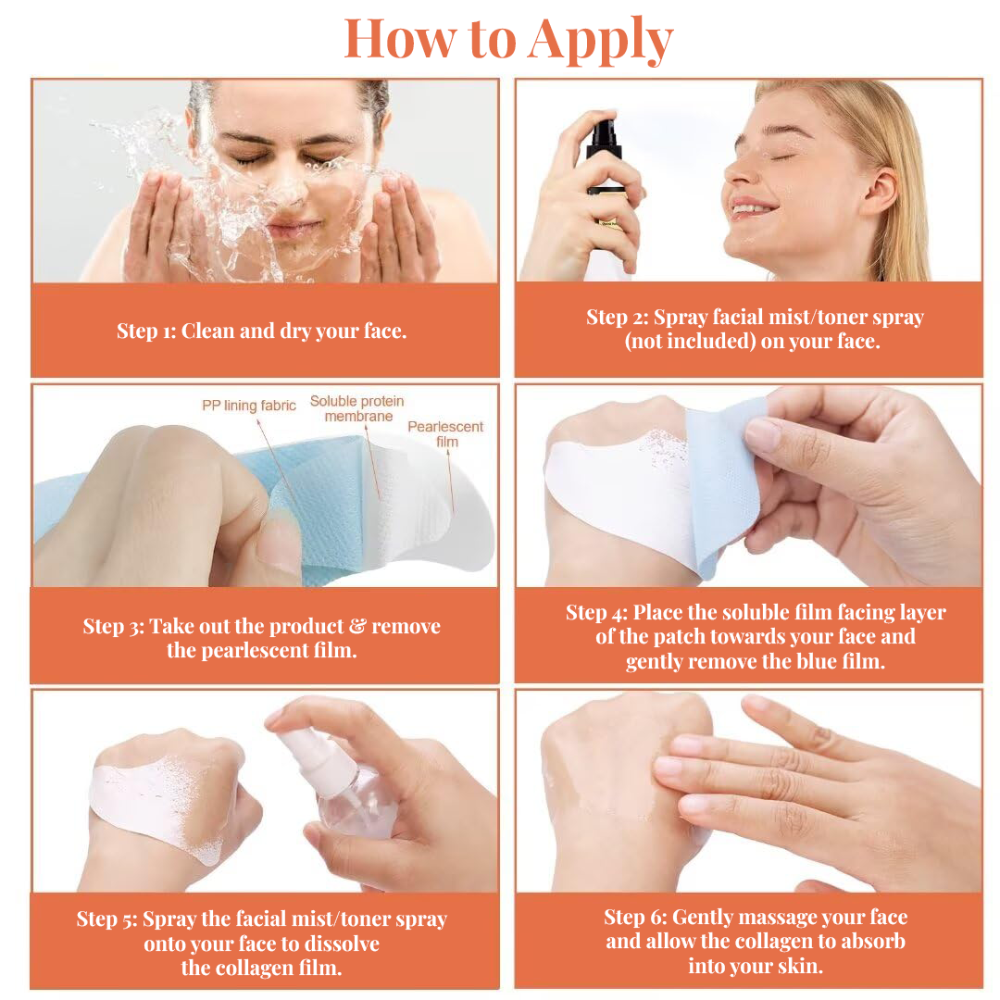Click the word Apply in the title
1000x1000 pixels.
coord(602,41)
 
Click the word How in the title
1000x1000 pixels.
coord(401,39)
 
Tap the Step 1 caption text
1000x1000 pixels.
coord(262,331)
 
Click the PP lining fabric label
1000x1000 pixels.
coord(249,406)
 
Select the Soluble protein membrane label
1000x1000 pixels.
coord(356,408)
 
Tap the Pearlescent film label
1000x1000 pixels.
coord(445,434)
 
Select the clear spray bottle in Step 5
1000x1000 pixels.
coord(357,806)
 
